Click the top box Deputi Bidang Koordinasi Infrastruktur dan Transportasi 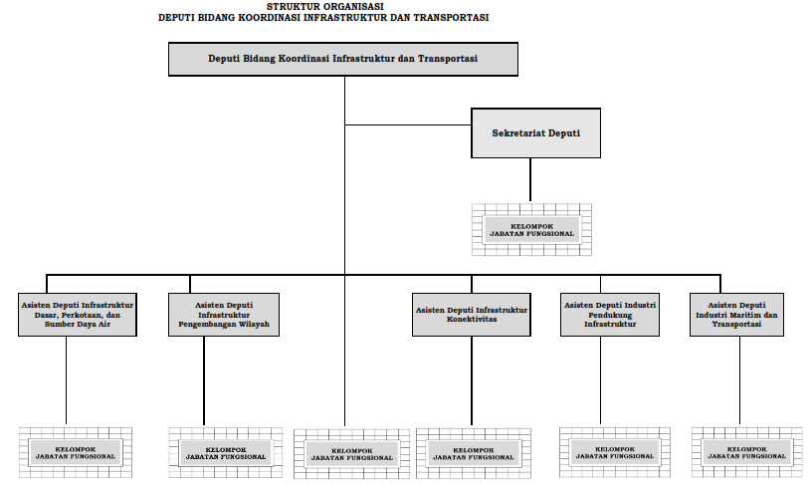(343, 59)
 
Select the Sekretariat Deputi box (536, 133)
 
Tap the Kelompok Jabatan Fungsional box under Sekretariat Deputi (531, 230)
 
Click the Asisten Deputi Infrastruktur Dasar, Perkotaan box (78, 315)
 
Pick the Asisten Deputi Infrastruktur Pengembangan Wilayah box (224, 315)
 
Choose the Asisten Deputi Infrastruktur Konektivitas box (472, 315)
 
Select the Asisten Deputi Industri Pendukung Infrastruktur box (610, 315)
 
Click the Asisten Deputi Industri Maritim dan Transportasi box (736, 315)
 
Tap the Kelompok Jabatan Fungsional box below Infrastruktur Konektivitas (474, 453)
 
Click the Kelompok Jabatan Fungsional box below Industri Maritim (746, 452)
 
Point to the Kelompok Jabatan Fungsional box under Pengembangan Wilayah (226, 453)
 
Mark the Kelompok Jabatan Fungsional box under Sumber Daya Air (76, 452)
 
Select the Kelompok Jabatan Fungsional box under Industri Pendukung (615, 452)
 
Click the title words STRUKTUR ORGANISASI (325, 7)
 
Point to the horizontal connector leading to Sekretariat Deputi (408, 124)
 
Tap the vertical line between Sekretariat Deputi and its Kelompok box (530, 180)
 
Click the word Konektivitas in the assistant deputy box (472, 320)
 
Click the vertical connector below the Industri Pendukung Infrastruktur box (601, 380)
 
